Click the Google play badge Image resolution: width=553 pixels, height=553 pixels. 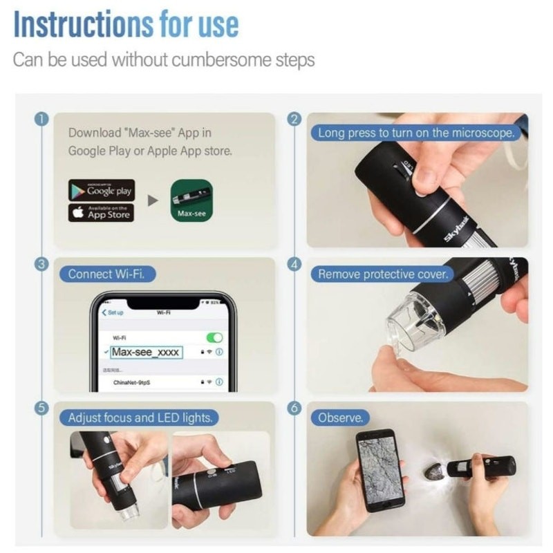pyautogui.click(x=102, y=190)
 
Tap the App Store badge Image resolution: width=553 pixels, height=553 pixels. pyautogui.click(x=102, y=213)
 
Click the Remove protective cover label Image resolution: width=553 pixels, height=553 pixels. pyautogui.click(x=382, y=274)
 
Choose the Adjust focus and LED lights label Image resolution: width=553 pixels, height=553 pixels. pyautogui.click(x=140, y=418)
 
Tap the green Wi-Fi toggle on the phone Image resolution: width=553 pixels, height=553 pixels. pyautogui.click(x=214, y=337)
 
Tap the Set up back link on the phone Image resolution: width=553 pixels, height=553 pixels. pyautogui.click(x=113, y=312)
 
